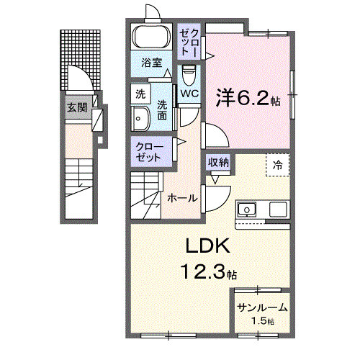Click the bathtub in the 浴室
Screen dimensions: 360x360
(x=151, y=37)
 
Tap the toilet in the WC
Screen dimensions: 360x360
(x=189, y=75)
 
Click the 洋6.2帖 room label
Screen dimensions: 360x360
(x=248, y=98)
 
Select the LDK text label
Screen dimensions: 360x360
(x=208, y=246)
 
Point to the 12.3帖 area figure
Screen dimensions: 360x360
(x=210, y=271)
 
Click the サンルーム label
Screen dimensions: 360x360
(x=262, y=307)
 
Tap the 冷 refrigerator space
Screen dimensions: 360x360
(x=278, y=165)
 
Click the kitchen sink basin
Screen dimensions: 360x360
(x=247, y=210)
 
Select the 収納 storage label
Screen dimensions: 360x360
(x=218, y=163)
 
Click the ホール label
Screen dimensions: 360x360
(x=182, y=198)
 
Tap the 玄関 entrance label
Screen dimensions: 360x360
(x=76, y=107)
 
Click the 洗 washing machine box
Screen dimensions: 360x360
(x=140, y=94)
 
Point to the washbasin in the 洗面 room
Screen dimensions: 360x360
(x=140, y=119)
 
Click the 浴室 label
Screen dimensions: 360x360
(x=152, y=63)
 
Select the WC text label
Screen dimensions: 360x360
(x=189, y=94)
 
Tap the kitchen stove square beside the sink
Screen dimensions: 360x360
(x=278, y=210)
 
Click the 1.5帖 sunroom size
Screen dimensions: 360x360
(x=263, y=320)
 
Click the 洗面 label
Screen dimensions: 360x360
(x=162, y=111)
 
